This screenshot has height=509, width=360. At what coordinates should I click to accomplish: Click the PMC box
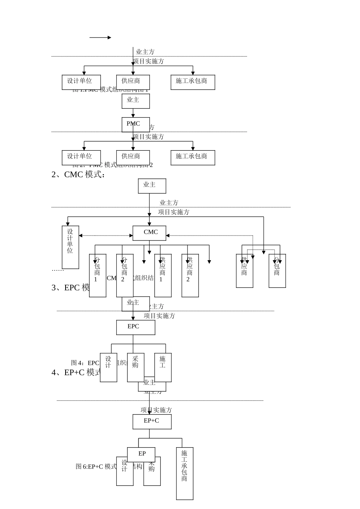point(135,125)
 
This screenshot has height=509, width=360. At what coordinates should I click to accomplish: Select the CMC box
point(149,233)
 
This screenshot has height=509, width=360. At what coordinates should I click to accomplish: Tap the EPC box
point(135,327)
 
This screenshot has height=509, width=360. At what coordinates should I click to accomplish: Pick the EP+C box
point(152,422)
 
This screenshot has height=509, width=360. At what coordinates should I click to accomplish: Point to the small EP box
point(141,454)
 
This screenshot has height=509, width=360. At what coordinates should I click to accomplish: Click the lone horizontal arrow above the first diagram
point(100,37)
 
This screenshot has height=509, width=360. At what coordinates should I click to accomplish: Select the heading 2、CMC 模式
point(78,175)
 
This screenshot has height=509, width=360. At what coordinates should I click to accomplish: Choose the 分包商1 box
point(97,276)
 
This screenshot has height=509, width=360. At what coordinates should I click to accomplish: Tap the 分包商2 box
point(125,276)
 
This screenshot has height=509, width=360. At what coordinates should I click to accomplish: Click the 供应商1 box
point(163,276)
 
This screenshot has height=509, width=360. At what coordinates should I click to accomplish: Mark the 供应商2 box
point(190,276)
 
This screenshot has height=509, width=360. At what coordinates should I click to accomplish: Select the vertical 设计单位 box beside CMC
point(70,247)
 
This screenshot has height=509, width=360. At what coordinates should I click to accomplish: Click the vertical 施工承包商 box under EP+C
point(185,473)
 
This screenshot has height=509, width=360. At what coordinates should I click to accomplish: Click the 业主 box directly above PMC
point(135,101)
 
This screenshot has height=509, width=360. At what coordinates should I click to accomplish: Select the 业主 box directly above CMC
point(152,186)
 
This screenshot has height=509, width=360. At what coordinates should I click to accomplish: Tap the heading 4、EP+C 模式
point(76,372)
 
